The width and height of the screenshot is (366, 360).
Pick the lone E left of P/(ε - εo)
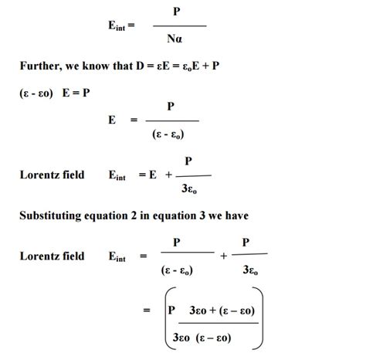click(x=114, y=121)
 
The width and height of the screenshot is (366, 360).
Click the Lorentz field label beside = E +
click(x=52, y=175)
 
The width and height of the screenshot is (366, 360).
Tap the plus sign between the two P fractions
click(x=223, y=256)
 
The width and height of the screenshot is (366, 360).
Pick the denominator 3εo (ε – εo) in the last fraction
click(x=210, y=337)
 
